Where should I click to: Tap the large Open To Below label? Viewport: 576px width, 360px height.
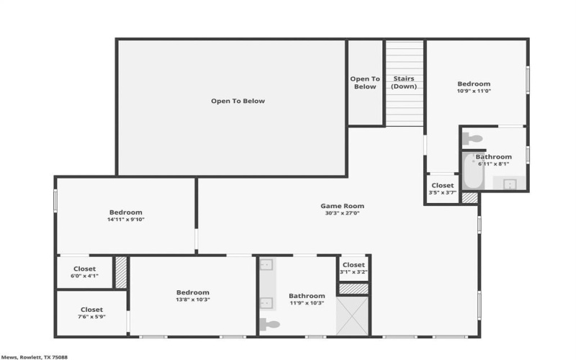(238, 101)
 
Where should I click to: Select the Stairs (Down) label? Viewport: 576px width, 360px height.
(403, 83)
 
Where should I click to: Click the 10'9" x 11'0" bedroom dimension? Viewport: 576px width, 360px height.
(473, 91)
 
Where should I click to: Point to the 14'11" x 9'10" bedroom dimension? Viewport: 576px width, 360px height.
(125, 220)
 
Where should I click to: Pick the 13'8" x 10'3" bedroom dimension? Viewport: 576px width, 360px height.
(192, 300)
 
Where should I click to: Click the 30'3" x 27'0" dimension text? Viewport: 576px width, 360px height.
(342, 213)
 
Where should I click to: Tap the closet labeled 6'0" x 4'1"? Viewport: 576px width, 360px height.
(84, 272)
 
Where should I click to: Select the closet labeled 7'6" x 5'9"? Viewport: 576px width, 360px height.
(91, 312)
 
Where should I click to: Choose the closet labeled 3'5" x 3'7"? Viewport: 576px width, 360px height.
(442, 189)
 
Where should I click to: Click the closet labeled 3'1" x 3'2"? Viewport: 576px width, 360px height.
(353, 268)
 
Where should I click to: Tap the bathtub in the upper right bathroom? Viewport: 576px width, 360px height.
(469, 171)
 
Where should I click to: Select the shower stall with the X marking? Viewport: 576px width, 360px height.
(354, 315)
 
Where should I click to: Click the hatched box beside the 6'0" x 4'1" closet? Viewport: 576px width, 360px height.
(121, 272)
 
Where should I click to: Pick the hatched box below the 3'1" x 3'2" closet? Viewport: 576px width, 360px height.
(354, 289)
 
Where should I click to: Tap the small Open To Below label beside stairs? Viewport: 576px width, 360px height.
(365, 83)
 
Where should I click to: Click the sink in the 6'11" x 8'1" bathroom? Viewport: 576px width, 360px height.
(510, 183)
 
